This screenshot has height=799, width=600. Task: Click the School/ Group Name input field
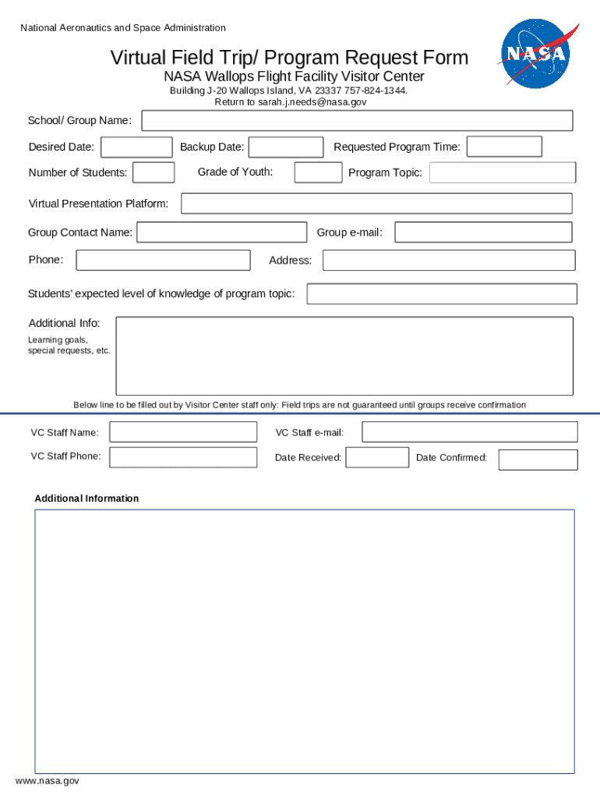pyautogui.click(x=357, y=121)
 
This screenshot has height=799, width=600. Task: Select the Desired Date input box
pyautogui.click(x=137, y=147)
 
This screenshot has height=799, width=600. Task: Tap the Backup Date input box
pyautogui.click(x=286, y=147)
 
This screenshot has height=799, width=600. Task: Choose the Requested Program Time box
pyautogui.click(x=504, y=147)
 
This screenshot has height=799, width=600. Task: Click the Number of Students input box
pyautogui.click(x=154, y=172)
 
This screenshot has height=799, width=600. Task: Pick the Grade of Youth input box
pyautogui.click(x=318, y=172)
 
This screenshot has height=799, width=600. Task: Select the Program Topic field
pyautogui.click(x=503, y=172)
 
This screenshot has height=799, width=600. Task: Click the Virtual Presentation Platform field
pyautogui.click(x=376, y=204)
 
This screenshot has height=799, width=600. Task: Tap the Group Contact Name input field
pyautogui.click(x=222, y=233)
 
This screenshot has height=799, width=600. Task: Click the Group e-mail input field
pyautogui.click(x=483, y=233)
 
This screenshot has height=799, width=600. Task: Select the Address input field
pyautogui.click(x=449, y=261)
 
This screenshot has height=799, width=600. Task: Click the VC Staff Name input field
pyautogui.click(x=183, y=432)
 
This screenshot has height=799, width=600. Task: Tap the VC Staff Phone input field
pyautogui.click(x=183, y=457)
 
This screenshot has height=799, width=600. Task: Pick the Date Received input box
pyautogui.click(x=377, y=458)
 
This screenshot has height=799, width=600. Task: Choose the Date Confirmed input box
pyautogui.click(x=538, y=460)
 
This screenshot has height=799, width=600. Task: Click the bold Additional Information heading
pyautogui.click(x=86, y=499)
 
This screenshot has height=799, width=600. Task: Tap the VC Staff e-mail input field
pyautogui.click(x=470, y=432)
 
